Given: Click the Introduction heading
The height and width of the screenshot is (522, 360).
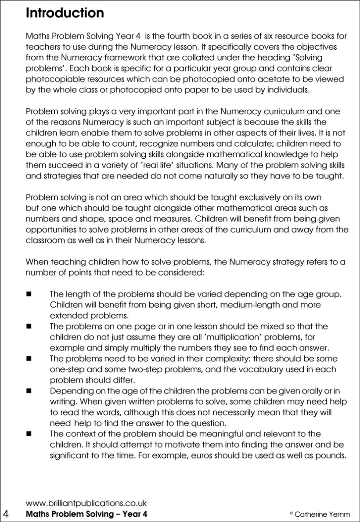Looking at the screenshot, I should tap(65, 13).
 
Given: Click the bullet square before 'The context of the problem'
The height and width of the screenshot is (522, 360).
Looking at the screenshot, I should tap(29, 434).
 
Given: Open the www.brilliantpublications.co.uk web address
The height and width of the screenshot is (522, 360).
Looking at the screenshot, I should tap(86, 504).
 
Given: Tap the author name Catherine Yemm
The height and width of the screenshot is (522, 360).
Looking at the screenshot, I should tap(322, 514).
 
